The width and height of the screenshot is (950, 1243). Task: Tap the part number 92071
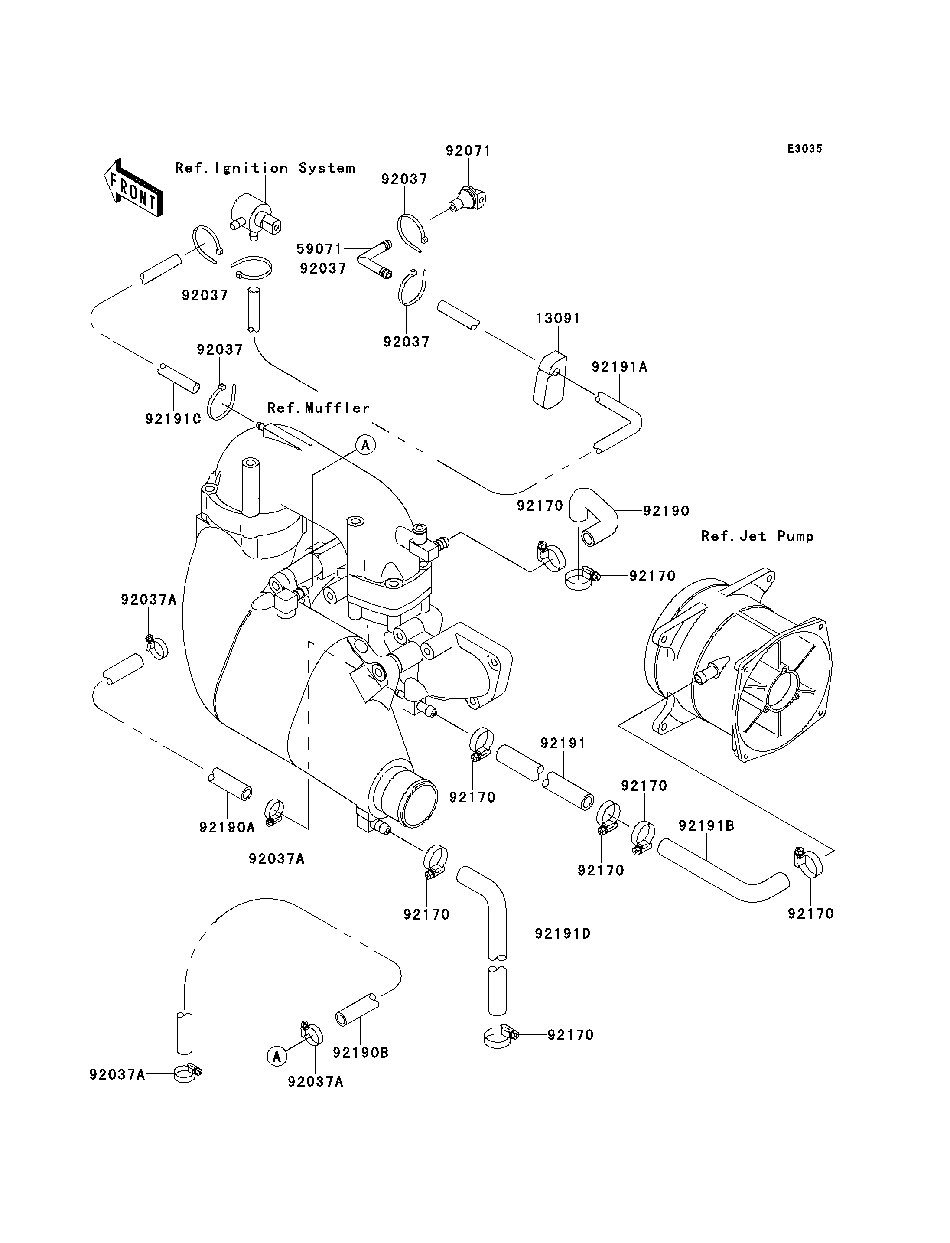468,150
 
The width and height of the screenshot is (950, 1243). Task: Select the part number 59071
319,249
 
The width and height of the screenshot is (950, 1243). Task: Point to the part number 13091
558,319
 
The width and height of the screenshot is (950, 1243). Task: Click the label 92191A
619,367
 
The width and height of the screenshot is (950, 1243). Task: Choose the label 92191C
173,419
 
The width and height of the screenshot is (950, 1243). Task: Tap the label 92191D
563,934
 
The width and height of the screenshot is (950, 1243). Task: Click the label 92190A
227,828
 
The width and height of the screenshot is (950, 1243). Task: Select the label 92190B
360,1053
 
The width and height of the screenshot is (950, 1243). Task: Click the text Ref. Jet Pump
757,536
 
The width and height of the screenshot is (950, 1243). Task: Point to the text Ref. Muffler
318,408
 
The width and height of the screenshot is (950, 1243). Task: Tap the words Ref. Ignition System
265,168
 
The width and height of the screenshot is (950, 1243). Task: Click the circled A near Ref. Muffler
366,445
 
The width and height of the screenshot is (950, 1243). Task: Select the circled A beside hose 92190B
277,1056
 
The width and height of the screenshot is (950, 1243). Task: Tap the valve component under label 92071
467,199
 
